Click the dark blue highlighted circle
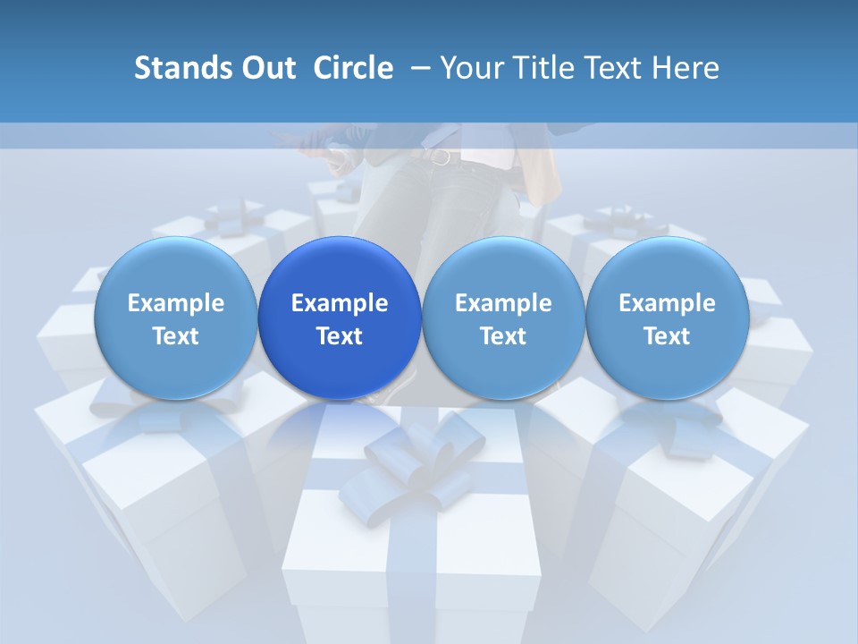pyautogui.click(x=340, y=318)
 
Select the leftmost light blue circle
pyautogui.click(x=175, y=318)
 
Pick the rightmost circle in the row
pyautogui.click(x=667, y=318)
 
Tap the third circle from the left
pyautogui.click(x=503, y=318)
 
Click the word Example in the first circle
pyautogui.click(x=175, y=303)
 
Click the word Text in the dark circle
pyautogui.click(x=340, y=336)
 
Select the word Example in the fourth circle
pyautogui.click(x=667, y=303)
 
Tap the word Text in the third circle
pyautogui.click(x=503, y=336)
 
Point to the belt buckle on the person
pyautogui.click(x=441, y=157)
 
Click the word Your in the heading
pyautogui.click(x=471, y=68)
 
